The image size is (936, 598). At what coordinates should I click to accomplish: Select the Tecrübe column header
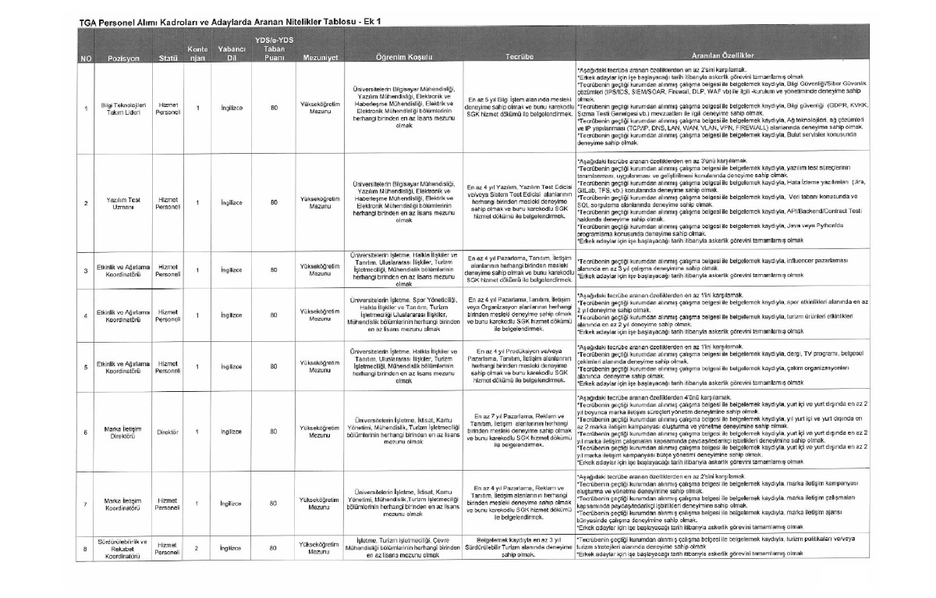point(519,58)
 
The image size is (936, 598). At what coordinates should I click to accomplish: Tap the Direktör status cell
point(169,432)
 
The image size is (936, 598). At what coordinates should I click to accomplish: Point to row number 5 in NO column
point(85,365)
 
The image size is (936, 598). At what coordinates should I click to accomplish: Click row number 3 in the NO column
point(85,270)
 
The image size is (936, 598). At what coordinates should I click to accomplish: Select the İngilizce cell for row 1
point(230,109)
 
